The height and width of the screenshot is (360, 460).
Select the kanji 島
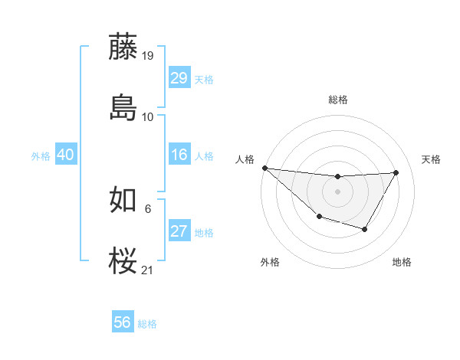pos(123,106)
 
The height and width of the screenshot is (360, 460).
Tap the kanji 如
pos(123,201)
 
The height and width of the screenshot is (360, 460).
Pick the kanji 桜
pos(123,261)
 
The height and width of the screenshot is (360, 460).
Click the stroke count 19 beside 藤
pos(148,56)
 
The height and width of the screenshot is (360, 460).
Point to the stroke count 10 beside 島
pos(148,117)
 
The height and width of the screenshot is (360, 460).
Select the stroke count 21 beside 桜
pos(148,270)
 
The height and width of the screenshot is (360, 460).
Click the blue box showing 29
pos(179,78)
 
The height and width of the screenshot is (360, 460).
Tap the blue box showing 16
pos(179,155)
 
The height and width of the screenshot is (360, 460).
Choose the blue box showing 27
pos(179,232)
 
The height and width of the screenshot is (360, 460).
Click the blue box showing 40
pos(66,155)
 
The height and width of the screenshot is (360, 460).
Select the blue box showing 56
pos(123,323)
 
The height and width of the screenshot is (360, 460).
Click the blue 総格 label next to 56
pos(147,324)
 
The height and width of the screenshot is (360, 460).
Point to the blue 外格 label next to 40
pos(41,156)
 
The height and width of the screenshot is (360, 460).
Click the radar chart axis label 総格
pos(337,100)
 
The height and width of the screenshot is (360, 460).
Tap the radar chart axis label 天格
pos(432,159)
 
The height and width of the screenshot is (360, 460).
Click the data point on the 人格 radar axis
pos(264,168)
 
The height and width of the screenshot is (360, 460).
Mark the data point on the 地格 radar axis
pos(365,229)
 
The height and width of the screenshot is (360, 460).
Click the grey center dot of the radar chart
pos(337,191)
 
